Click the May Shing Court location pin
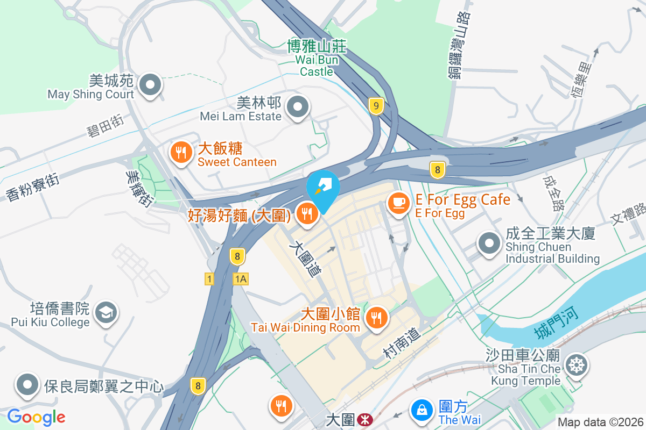pos(150,85)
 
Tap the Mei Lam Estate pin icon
pos(297,107)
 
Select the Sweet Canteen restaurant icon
pos(181,153)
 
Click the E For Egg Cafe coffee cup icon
pos(398,203)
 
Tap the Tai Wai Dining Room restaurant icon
pos(376,317)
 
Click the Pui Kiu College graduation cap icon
pos(106,312)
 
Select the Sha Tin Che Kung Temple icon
pos(576,365)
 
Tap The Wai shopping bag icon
pos(422,410)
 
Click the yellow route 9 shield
pos(376,106)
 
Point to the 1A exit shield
pos(241,278)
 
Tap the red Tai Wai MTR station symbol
pos(364,419)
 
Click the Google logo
pos(36,417)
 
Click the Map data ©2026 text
pos(601,422)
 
